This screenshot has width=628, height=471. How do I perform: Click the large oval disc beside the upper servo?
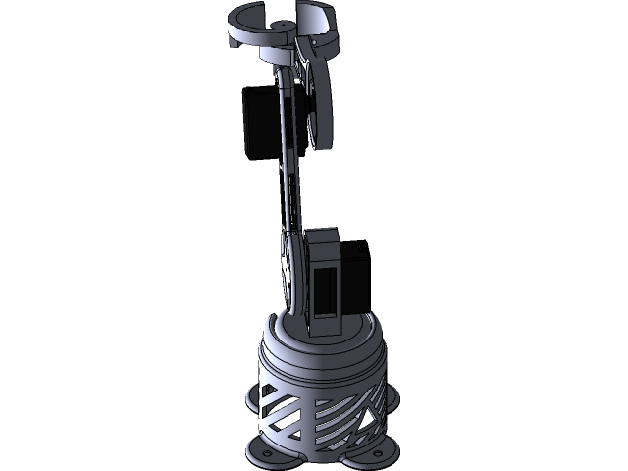click(318, 103)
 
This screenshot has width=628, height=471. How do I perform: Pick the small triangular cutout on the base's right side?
click(374, 423)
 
